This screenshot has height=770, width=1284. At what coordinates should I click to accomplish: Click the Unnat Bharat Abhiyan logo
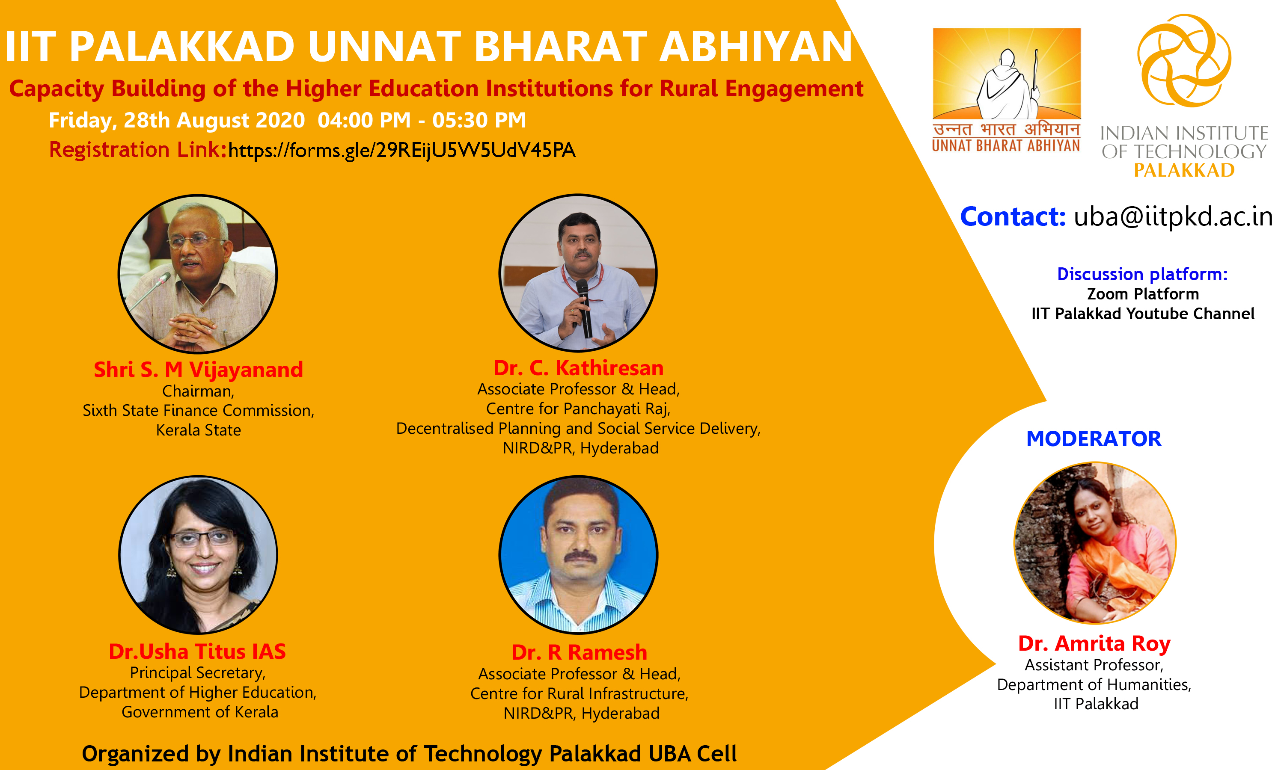click(x=1006, y=90)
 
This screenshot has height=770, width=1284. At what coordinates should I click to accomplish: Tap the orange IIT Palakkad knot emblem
click(x=1184, y=61)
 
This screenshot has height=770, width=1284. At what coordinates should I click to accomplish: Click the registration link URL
click(x=402, y=151)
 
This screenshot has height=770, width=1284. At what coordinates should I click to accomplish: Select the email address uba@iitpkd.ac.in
click(x=1173, y=216)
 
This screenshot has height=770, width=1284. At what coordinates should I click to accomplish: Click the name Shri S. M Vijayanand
click(x=198, y=370)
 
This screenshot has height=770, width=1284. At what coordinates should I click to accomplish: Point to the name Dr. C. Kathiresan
click(x=578, y=368)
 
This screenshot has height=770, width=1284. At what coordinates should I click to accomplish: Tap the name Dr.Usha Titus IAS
click(x=197, y=651)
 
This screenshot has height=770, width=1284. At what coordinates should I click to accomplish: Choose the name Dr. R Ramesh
click(x=579, y=652)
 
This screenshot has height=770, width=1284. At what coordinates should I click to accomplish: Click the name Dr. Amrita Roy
click(x=1094, y=643)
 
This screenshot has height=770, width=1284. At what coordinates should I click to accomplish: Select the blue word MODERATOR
click(x=1094, y=439)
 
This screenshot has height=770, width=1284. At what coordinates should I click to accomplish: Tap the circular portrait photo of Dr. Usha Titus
click(x=198, y=555)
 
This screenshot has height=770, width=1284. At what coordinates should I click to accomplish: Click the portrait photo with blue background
click(x=578, y=555)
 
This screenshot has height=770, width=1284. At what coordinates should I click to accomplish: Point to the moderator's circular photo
click(x=1095, y=543)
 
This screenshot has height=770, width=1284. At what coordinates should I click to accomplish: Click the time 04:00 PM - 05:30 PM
click(x=422, y=120)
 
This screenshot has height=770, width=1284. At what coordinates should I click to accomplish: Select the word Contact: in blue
click(x=1013, y=216)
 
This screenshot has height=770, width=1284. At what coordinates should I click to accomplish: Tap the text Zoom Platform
click(x=1143, y=294)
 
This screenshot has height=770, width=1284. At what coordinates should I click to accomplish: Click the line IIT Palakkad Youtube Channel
click(x=1143, y=314)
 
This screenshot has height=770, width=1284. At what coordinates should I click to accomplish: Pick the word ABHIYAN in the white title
click(x=756, y=47)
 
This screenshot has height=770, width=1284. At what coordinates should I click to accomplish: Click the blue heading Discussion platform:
click(x=1142, y=274)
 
